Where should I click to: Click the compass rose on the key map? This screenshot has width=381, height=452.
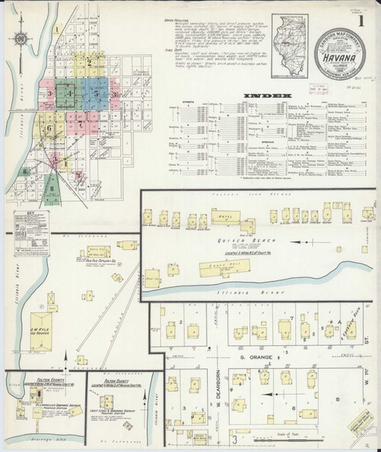20,38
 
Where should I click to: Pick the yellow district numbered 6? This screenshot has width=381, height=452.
50,129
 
